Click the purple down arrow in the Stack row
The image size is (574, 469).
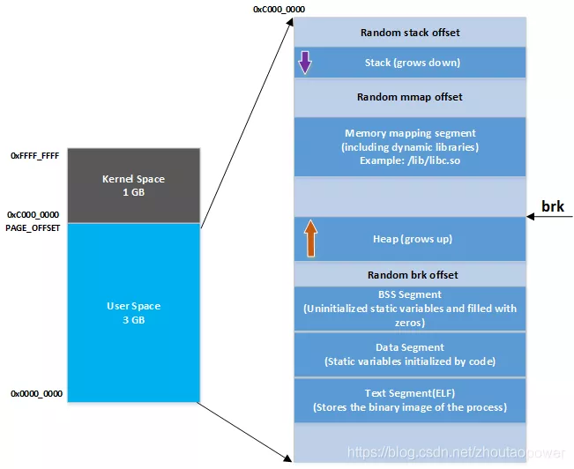click(x=304, y=63)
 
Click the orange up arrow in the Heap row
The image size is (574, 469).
click(x=309, y=239)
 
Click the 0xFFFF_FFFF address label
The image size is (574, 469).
click(x=35, y=155)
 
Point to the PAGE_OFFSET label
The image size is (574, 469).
click(x=34, y=227)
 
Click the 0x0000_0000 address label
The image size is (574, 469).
click(x=36, y=393)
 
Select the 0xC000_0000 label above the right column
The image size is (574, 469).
click(x=279, y=9)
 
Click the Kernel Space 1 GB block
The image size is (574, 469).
click(x=133, y=185)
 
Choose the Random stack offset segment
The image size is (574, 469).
click(x=410, y=33)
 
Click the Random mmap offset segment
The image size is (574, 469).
click(x=410, y=97)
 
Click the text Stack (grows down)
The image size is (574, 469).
click(x=413, y=63)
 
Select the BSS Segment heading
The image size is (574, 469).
click(x=410, y=294)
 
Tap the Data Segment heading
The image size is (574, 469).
click(x=410, y=347)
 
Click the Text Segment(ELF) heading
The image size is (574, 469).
click(x=410, y=393)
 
